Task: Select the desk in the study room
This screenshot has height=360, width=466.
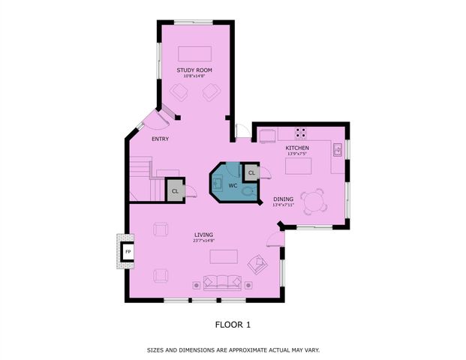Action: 194,54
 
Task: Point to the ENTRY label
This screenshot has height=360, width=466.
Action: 160,139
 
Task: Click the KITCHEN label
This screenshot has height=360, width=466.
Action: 297,148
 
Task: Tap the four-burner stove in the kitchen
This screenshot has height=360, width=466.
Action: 300,133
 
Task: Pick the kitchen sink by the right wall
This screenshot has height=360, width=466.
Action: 338,148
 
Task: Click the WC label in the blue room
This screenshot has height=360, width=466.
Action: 233,184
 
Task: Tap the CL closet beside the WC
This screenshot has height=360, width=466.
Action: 251,173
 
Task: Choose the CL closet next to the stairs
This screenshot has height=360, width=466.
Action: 175,190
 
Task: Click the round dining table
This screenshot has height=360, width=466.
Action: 319,200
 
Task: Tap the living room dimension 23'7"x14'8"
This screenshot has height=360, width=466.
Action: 203,241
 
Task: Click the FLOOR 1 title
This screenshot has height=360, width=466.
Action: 233,324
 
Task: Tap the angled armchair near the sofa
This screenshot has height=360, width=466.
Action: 257,264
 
